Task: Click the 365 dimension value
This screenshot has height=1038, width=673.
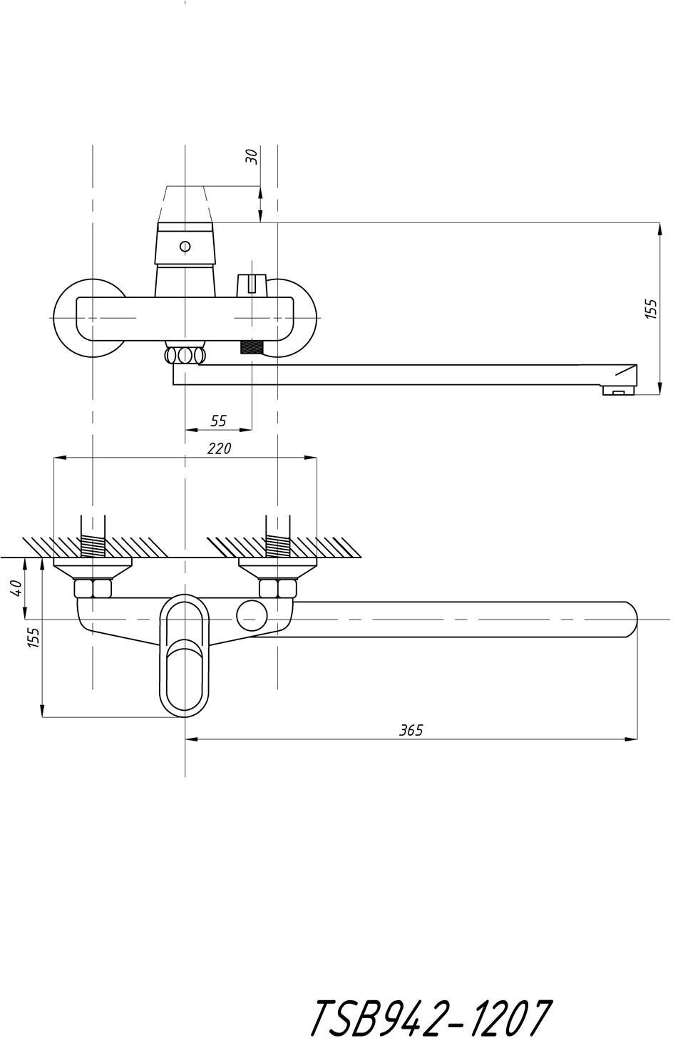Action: coord(411,730)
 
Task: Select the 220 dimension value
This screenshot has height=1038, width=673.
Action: coord(220,448)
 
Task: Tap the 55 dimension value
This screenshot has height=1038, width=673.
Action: coord(219,421)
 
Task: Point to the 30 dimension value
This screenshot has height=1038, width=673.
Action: coord(251,157)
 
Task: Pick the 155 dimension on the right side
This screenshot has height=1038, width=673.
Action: coord(651,309)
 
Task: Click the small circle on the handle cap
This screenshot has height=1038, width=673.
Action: coord(185,247)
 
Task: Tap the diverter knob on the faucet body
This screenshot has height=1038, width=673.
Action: coord(250,283)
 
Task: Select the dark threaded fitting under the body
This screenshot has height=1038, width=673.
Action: coord(252,348)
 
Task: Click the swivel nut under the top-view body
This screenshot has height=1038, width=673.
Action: coord(185,355)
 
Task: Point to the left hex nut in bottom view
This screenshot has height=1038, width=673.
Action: coord(93,589)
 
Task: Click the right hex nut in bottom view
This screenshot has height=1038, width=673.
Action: coord(277,589)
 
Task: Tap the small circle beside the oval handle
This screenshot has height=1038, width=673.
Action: coord(252,615)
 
